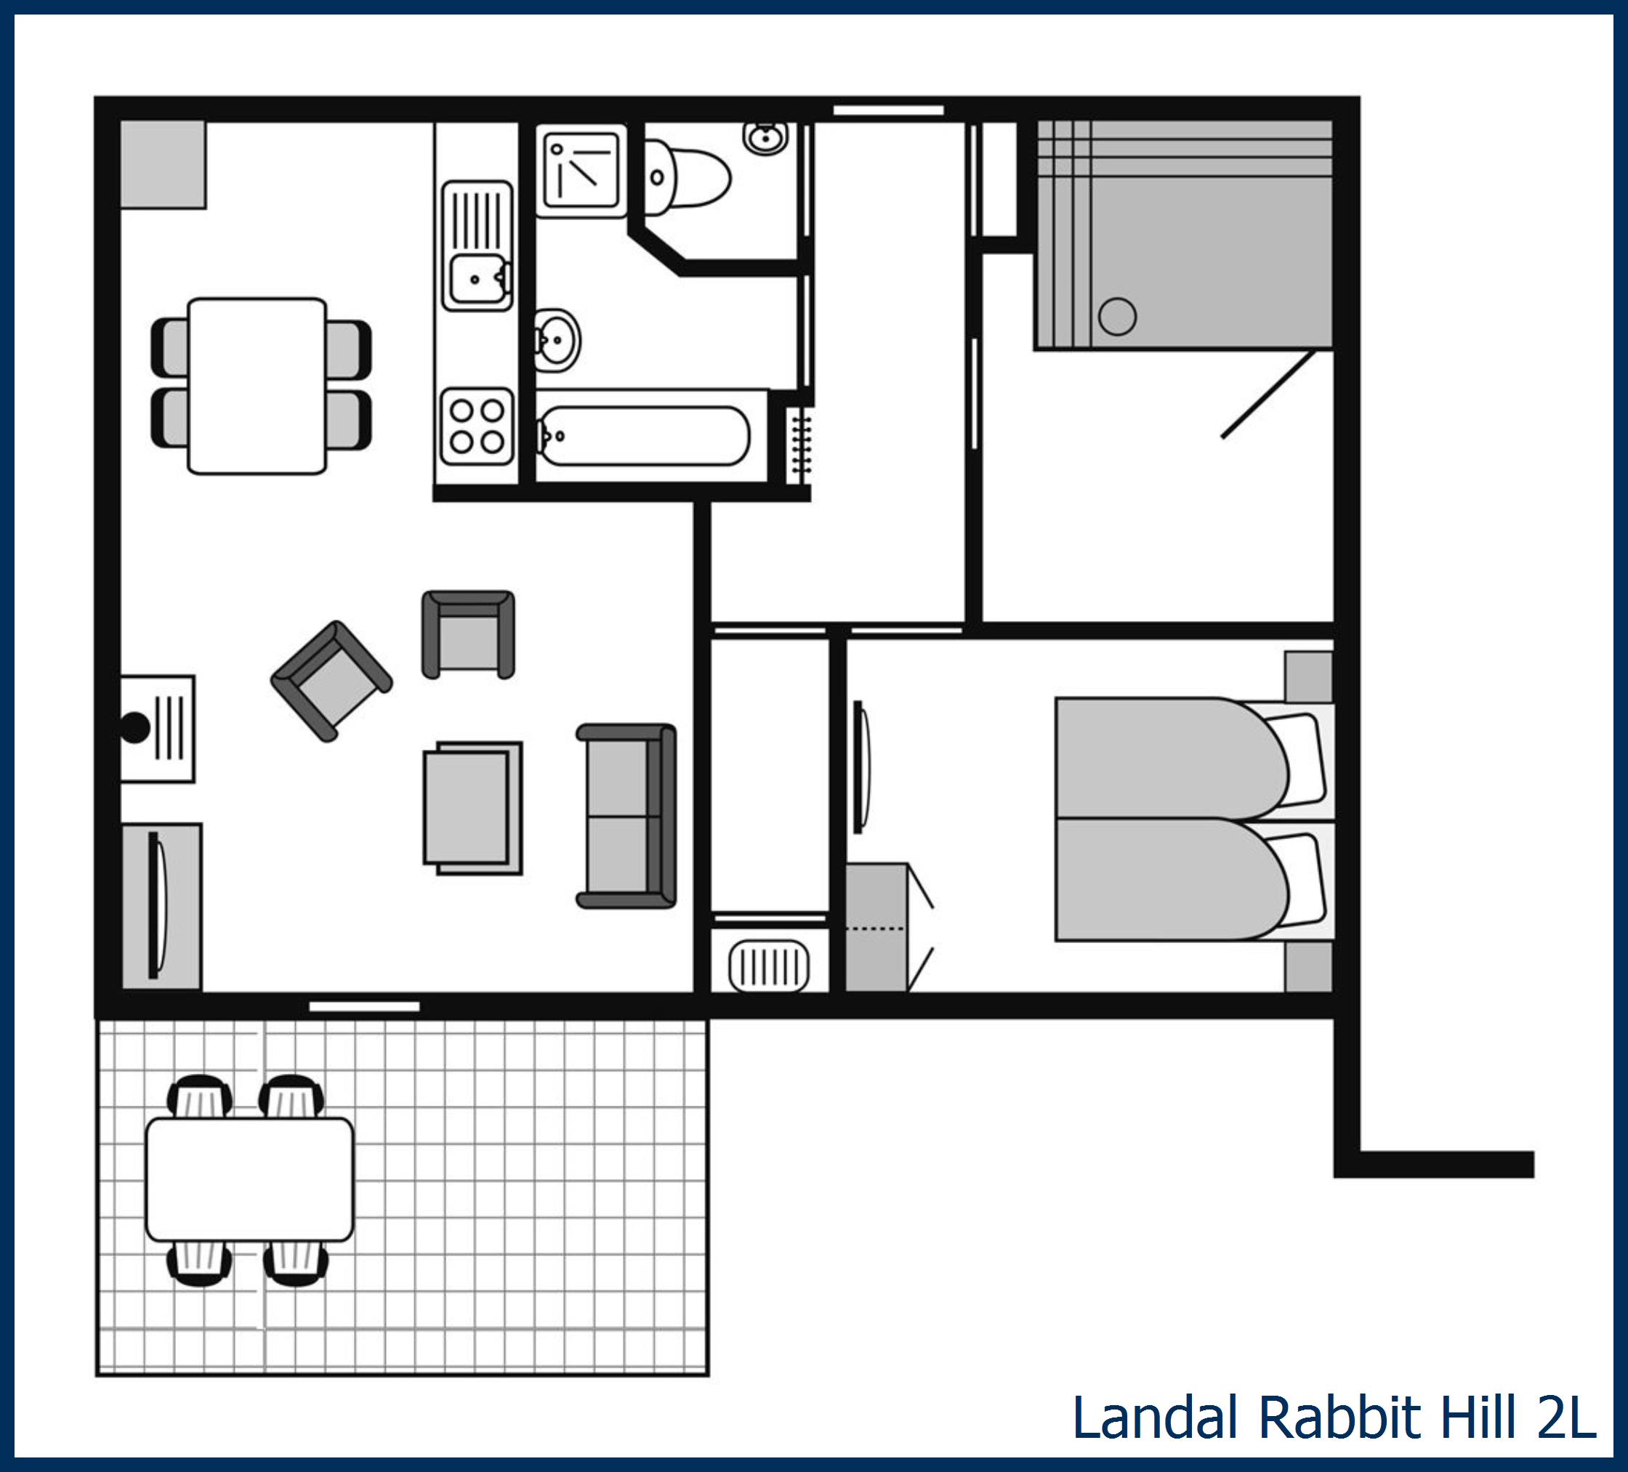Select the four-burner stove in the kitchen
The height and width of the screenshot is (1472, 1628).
477,426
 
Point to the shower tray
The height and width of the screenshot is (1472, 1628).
581,171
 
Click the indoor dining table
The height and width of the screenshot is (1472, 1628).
257,386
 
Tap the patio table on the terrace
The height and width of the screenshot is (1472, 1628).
249,1180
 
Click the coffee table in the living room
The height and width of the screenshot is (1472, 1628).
472,808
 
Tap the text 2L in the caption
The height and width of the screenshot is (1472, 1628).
1565,1417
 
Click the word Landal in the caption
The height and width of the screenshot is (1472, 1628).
1155,1417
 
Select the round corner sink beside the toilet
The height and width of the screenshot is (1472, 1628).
765,137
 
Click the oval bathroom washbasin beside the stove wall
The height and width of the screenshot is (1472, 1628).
557,340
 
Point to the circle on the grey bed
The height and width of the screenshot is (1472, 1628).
1118,316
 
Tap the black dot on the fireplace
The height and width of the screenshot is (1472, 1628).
135,727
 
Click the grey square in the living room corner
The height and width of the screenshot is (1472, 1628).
162,165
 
